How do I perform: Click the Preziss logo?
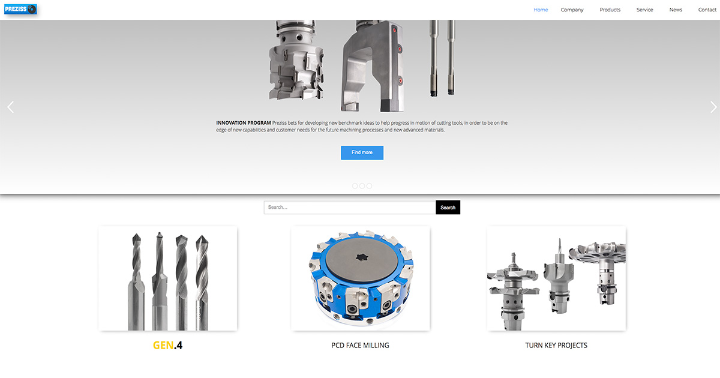(x=20, y=9)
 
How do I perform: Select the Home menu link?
(x=541, y=10)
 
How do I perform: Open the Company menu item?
(x=572, y=10)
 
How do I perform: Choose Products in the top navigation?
(x=610, y=10)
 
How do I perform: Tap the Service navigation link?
(x=644, y=10)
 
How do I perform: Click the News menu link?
(x=676, y=10)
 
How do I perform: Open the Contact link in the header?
(x=707, y=10)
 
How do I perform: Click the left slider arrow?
(x=10, y=107)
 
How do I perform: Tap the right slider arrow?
(x=713, y=107)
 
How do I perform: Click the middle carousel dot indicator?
(x=362, y=186)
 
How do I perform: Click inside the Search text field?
(x=349, y=208)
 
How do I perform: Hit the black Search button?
(x=448, y=208)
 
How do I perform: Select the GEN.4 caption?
(x=167, y=345)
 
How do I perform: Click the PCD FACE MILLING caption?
(x=360, y=346)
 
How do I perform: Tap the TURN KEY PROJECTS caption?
(x=556, y=346)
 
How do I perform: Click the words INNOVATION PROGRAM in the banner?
(x=244, y=123)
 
